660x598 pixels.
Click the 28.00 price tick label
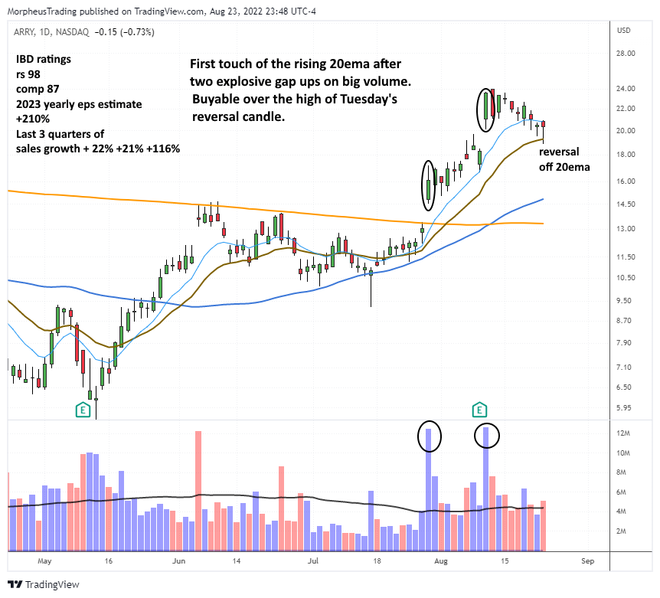(627, 54)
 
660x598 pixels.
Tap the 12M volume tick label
(625, 433)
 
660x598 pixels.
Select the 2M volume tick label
(623, 531)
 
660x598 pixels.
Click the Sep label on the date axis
(586, 561)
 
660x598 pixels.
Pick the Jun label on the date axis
(180, 561)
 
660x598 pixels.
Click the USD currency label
(624, 31)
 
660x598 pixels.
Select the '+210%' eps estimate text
(32, 119)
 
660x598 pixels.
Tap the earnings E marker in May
(82, 410)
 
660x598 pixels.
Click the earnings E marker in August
(480, 410)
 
